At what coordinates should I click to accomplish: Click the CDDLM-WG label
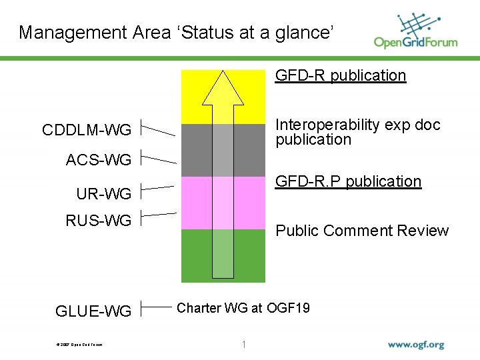[x=87, y=129]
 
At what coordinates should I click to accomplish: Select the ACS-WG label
[x=99, y=159]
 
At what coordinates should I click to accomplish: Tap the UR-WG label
[x=103, y=194]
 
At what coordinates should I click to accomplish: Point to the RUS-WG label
[x=99, y=220]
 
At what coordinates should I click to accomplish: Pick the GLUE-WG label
[x=93, y=311]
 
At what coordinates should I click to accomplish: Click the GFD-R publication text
[x=341, y=75]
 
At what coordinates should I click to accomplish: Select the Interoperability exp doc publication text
[x=358, y=132]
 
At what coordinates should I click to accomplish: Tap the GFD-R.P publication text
[x=349, y=181]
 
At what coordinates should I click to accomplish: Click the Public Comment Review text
[x=362, y=231]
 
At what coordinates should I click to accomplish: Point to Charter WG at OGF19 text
[x=243, y=308]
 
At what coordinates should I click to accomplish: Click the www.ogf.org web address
[x=416, y=345]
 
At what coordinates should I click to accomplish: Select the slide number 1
[x=244, y=345]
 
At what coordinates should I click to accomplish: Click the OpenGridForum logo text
[x=415, y=42]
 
